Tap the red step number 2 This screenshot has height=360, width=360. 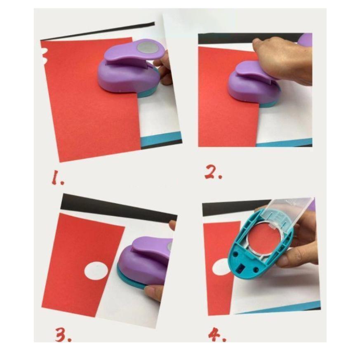point(213,173)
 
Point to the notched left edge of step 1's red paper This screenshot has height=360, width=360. point(44,55)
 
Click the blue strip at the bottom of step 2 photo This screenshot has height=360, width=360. point(284,143)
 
